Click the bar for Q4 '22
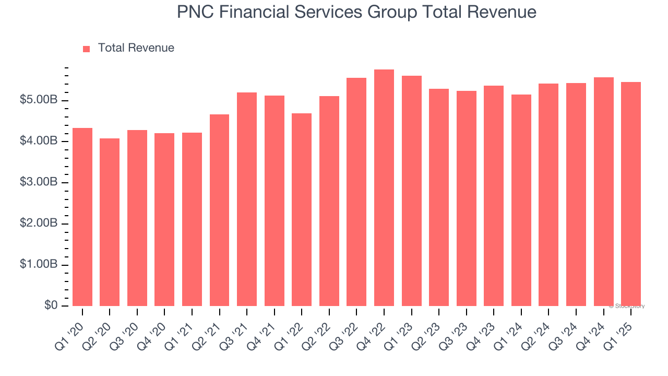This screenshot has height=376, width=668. pyautogui.click(x=384, y=188)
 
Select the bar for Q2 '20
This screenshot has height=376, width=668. pyautogui.click(x=110, y=222)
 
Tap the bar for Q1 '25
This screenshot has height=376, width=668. pyautogui.click(x=631, y=194)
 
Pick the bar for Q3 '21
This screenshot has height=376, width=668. pyautogui.click(x=247, y=199)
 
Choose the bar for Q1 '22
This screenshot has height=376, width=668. pyautogui.click(x=302, y=209)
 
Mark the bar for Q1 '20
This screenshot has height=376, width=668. pyautogui.click(x=82, y=217)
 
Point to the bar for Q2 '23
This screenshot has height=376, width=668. pyautogui.click(x=439, y=197)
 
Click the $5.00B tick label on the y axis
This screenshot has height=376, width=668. pyautogui.click(x=39, y=100)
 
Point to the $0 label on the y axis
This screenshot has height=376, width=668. pyautogui.click(x=50, y=305)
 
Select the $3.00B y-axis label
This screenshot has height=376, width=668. pyautogui.click(x=39, y=182)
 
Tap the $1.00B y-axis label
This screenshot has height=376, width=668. pyautogui.click(x=39, y=265)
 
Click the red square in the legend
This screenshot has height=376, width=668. pyautogui.click(x=87, y=49)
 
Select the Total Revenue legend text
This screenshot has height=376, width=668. pyautogui.click(x=136, y=48)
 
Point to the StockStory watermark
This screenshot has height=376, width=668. pyautogui.click(x=627, y=306)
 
